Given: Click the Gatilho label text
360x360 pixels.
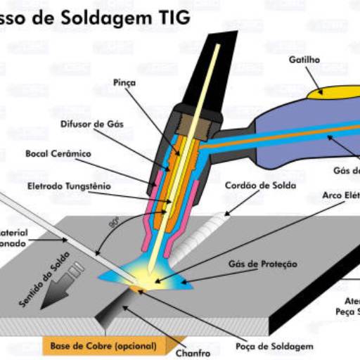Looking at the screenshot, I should coord(304,60).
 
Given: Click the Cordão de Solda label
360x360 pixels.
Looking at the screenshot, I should coord(260,186).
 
